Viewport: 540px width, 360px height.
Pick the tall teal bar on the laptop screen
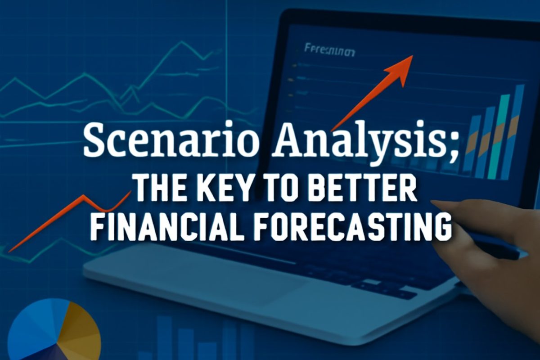[x=499, y=135]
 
